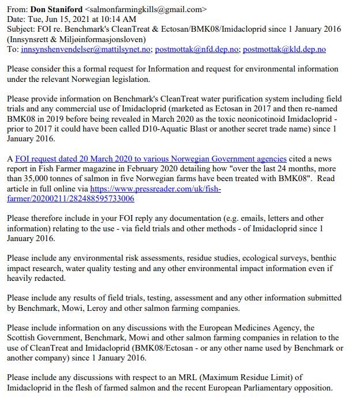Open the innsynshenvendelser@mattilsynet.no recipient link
pos(86,50)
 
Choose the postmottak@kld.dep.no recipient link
pos(284,50)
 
